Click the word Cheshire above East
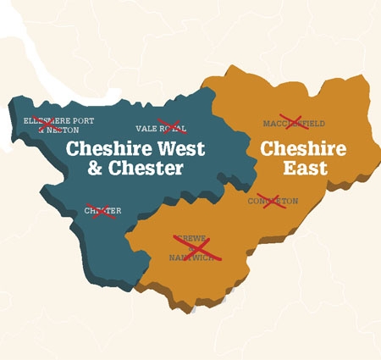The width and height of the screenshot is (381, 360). pos(303,150)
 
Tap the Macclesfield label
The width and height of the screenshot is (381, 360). pos(294,123)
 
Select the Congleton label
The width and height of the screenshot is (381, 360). pos(273,201)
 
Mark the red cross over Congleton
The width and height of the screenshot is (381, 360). pos(274,201)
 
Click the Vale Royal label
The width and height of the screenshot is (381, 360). pos(161,129)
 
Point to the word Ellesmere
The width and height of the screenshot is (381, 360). pos(45,121)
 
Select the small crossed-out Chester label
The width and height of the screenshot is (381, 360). pos(103,210)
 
